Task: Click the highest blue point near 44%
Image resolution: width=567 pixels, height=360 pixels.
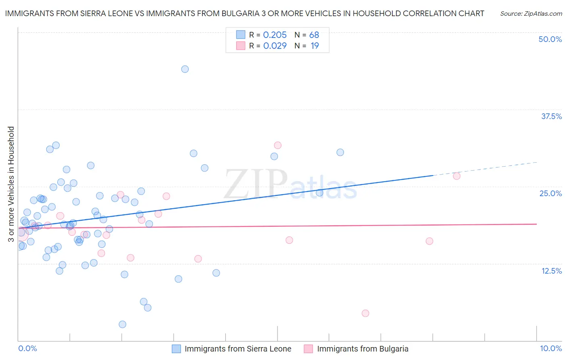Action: point(185,69)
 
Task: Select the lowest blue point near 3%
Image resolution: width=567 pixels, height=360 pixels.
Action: point(123,324)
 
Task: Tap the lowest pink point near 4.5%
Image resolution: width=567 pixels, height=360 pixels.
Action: point(365,313)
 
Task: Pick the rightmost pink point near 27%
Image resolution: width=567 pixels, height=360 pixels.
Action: point(457,176)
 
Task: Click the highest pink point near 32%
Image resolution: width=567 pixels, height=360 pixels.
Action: point(277,145)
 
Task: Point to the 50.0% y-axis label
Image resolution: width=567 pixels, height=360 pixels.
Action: point(550,39)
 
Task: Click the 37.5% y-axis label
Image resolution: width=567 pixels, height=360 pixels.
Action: point(551,116)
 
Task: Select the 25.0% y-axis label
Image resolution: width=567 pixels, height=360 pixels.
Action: point(550,193)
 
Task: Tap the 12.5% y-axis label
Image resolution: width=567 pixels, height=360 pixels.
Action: point(551,271)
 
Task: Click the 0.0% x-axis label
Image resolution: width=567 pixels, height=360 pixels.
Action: point(27,348)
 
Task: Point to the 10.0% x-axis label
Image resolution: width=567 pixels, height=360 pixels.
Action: point(550,348)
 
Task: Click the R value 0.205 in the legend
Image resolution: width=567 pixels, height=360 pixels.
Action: point(275,35)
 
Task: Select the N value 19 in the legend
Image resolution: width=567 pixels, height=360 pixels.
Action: point(315,46)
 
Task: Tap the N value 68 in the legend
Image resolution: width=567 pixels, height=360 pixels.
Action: point(314,35)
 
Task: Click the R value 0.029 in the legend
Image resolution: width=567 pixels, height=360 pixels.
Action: point(275,46)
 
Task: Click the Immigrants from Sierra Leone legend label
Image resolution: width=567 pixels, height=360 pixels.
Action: point(238,349)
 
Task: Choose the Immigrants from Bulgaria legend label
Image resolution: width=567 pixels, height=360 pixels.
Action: point(363,349)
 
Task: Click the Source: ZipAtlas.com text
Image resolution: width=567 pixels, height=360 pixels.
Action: point(531,14)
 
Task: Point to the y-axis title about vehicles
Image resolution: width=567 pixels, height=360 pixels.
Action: point(11,184)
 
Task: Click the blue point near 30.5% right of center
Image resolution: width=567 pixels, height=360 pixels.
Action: point(340,153)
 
